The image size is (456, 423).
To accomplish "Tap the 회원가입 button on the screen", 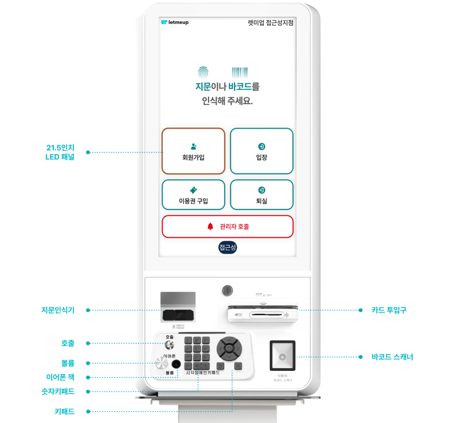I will (193, 151).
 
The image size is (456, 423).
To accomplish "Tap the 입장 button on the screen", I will (262, 151).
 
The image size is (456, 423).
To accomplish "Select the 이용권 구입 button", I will (193, 194).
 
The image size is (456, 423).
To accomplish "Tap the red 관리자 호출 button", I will (227, 226).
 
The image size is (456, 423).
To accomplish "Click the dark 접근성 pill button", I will (228, 248).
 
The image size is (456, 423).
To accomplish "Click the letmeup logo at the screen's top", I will (175, 23).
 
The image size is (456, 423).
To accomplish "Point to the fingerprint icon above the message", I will (202, 72).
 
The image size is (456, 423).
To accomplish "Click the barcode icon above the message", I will (239, 72).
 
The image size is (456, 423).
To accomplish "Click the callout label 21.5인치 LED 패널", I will (60, 152).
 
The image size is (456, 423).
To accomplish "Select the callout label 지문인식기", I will (58, 310).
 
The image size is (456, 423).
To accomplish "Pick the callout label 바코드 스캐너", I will (392, 357).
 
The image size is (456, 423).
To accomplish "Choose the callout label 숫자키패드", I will (57, 391).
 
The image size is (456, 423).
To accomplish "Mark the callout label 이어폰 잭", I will (60, 377).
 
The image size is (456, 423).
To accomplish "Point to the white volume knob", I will (161, 363).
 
